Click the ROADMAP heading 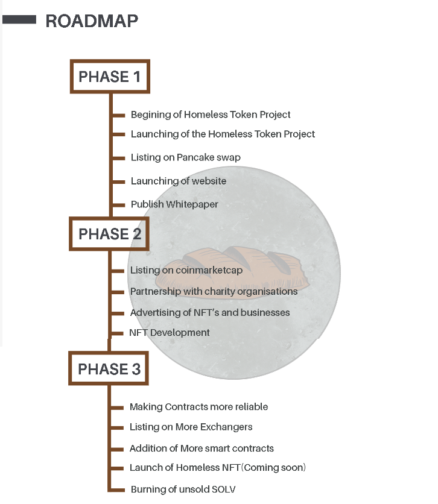(92, 21)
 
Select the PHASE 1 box (109, 77)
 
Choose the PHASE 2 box (109, 234)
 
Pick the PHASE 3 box (109, 369)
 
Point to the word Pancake (196, 157)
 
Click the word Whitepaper (191, 204)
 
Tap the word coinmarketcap (209, 270)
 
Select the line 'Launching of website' (179, 181)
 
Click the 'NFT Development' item (170, 333)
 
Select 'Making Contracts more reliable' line (198, 407)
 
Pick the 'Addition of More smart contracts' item (202, 449)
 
